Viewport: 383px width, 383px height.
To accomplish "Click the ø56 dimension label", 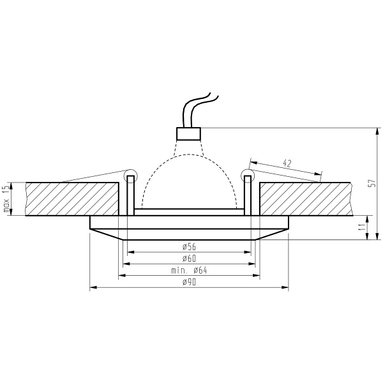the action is (189, 247).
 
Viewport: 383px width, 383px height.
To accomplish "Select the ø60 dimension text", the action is (189, 259).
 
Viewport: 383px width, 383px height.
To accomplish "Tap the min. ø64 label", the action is (189, 271).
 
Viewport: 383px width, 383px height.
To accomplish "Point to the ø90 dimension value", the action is (189, 282).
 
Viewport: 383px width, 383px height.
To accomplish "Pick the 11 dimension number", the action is (363, 227).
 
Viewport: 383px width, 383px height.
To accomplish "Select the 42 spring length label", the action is (287, 163).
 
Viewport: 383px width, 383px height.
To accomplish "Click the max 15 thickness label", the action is (6, 199).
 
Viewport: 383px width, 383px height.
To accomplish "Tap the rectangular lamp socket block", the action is (188, 133).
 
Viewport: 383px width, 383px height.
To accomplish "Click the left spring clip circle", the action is (131, 176).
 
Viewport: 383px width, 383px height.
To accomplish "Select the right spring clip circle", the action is (248, 176).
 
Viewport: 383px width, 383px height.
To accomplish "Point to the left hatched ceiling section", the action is (72, 199).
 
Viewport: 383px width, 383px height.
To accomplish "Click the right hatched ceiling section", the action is (306, 199).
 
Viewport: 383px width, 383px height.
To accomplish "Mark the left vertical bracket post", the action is (131, 196).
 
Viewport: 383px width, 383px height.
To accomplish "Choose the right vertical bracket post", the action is (248, 196).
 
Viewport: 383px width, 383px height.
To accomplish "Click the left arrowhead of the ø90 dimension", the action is (93, 287).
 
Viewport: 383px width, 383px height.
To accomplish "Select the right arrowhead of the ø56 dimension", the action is (248, 252).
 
